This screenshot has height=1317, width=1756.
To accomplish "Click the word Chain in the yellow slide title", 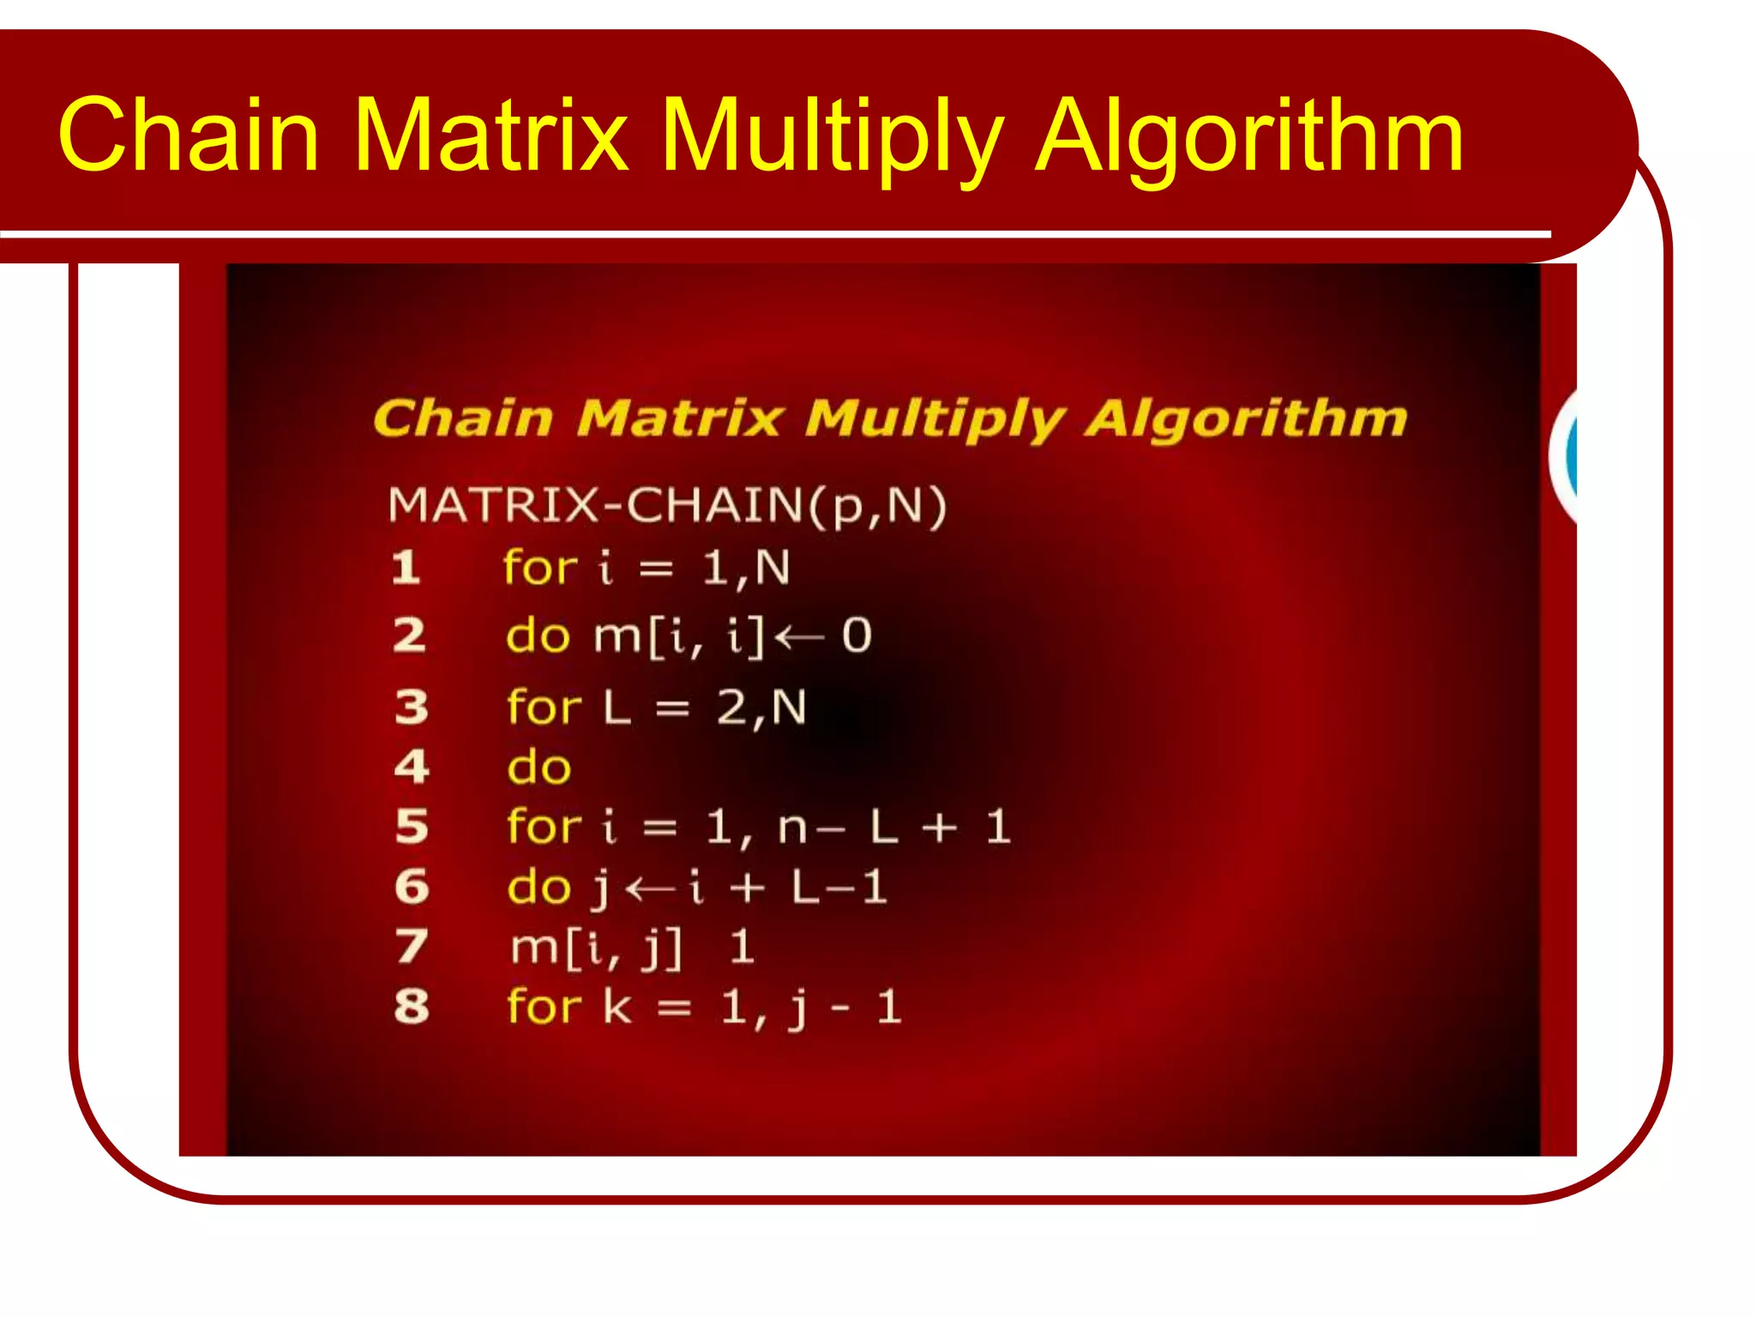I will (x=189, y=135).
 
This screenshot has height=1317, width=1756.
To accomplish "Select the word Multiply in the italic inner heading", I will (x=935, y=419).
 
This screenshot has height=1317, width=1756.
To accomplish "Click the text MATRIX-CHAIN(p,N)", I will (x=667, y=505).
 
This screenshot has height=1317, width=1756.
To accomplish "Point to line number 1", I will (x=406, y=568).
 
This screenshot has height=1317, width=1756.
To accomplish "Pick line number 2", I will (x=410, y=635).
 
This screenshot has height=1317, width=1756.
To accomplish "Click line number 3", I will (x=412, y=707).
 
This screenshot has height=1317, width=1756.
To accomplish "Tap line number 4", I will (x=412, y=767).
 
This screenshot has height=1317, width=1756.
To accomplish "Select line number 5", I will (x=412, y=827).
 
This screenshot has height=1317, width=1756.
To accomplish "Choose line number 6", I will (x=412, y=887).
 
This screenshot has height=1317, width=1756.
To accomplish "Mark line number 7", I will (x=412, y=947).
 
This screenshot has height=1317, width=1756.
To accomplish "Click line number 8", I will (x=412, y=1007).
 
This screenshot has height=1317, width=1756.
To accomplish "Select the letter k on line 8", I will (x=617, y=1006).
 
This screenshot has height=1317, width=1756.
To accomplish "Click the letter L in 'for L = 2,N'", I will (x=617, y=708).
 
